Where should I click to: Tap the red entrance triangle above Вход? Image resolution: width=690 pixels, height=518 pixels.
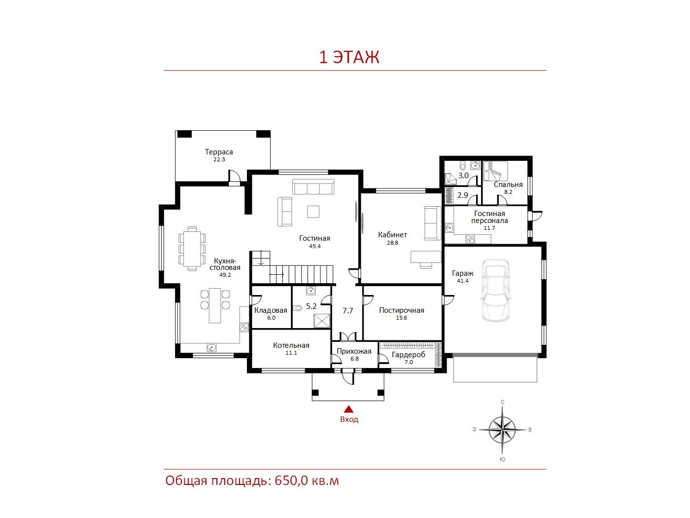click(348, 409)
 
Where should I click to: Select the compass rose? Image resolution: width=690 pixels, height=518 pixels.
click(502, 430)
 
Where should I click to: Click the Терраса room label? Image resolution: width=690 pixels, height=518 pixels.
click(219, 152)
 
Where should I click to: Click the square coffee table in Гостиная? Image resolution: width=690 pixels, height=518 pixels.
click(313, 211)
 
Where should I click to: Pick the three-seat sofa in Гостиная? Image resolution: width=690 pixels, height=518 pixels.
click(313, 187)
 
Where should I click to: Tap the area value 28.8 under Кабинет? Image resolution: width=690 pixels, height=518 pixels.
click(392, 243)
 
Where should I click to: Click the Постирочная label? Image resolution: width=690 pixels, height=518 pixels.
click(401, 310)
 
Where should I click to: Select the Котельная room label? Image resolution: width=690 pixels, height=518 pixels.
click(291, 345)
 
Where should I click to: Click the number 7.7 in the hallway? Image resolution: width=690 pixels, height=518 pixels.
click(347, 311)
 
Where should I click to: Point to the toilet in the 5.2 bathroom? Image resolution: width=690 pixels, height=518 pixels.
click(297, 307)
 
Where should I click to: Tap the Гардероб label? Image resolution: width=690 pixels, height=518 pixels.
click(409, 355)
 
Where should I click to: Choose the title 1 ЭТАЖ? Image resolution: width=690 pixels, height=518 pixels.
click(349, 57)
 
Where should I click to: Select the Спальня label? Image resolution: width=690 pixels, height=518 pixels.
click(508, 185)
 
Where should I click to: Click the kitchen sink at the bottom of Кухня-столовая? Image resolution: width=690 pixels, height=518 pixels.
click(211, 347)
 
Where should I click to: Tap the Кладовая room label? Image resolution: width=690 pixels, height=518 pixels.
click(271, 310)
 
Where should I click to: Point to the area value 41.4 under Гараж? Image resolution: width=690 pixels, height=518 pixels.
click(462, 281)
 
